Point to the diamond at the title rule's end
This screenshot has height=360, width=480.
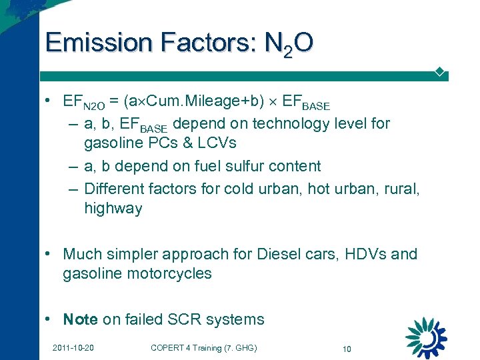tap(439, 71)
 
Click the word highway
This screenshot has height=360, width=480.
tap(113, 209)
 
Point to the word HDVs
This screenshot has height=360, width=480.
tap(366, 254)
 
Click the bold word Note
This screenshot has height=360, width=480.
tap(80, 319)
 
